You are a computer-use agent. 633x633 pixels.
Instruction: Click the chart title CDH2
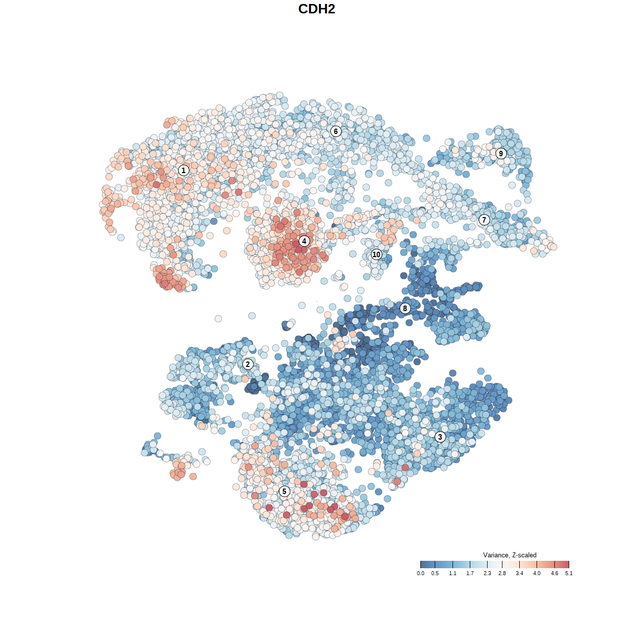(316, 9)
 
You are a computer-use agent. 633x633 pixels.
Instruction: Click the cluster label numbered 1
(183, 171)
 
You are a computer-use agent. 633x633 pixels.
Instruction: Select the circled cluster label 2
(248, 364)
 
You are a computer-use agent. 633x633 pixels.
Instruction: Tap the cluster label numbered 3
(440, 437)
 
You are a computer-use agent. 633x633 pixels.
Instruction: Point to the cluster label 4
(304, 241)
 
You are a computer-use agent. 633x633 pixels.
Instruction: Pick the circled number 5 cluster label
(284, 491)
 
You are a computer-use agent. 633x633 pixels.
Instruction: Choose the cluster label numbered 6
(336, 131)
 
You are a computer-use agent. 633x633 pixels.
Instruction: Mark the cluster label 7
(484, 220)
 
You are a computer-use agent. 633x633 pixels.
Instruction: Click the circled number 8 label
(405, 308)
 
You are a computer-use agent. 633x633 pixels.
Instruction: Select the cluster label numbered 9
(501, 153)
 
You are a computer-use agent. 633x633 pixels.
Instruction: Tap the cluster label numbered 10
(376, 254)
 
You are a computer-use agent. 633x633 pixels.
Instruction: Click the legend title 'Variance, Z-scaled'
(509, 555)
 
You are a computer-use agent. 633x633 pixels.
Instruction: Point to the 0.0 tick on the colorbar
(420, 573)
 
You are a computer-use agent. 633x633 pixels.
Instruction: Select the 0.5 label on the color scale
(435, 573)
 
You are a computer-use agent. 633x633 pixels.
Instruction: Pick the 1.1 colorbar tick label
(452, 573)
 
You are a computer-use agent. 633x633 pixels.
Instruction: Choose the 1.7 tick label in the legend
(470, 573)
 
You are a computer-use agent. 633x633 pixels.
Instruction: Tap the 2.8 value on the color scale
(502, 573)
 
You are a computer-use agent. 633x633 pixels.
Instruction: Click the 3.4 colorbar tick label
(519, 573)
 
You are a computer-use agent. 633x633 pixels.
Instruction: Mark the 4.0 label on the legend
(537, 573)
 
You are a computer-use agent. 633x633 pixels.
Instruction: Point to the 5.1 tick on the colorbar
(569, 573)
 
